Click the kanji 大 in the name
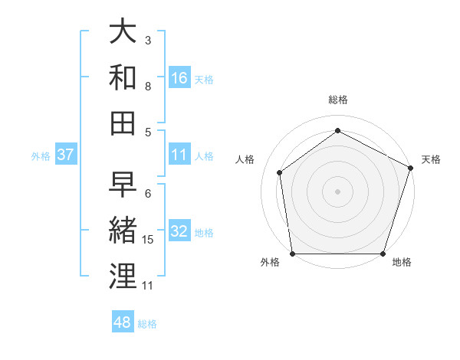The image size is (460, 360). point(123,32)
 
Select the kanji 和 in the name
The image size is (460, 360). point(123,77)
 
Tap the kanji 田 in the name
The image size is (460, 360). point(123,122)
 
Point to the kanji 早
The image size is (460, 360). point(123,185)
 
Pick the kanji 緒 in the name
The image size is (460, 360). point(123,230)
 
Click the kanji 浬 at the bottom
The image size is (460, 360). point(123,275)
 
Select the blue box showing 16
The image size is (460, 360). point(179,78)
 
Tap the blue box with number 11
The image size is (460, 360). point(179,155)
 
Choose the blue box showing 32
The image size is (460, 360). point(179,232)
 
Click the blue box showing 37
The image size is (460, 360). point(65,155)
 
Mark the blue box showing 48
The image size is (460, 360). point(122,322)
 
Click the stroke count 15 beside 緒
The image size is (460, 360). point(148,240)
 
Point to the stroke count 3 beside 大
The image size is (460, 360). point(148,40)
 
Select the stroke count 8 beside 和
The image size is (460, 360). point(148,86)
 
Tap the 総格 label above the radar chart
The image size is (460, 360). point(338,100)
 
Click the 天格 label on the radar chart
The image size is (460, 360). point(431,159)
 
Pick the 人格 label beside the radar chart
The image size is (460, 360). point(245,159)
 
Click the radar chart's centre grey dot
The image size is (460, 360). point(338,191)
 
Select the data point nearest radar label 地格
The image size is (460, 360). point(383,254)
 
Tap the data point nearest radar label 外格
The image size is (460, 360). point(292,254)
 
